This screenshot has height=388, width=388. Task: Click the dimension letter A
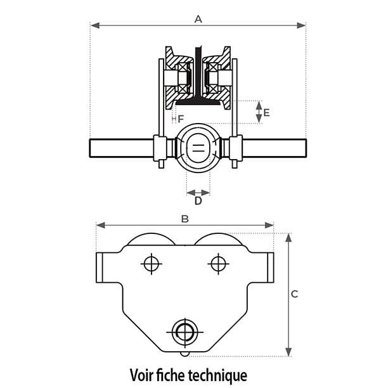(198, 19)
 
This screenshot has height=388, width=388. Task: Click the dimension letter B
(185, 219)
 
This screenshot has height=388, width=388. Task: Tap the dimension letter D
(198, 201)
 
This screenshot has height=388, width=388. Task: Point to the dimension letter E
(266, 112)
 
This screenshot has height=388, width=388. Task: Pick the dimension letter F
(180, 119)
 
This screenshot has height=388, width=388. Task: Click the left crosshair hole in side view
(151, 262)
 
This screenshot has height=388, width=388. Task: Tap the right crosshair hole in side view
(217, 262)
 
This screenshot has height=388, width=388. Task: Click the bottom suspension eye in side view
(184, 330)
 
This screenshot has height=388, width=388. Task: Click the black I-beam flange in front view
(198, 99)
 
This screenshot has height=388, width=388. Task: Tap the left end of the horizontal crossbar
(93, 148)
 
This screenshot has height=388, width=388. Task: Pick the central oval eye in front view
(198, 148)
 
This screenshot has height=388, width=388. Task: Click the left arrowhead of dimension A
(93, 26)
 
